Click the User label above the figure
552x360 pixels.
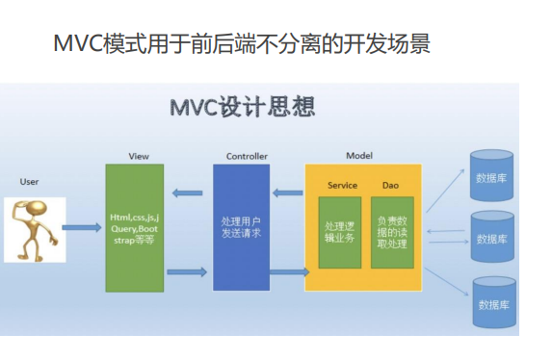29,182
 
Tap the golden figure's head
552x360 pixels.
37,207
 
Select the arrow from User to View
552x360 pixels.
82,227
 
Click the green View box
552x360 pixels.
135,228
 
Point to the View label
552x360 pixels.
139,156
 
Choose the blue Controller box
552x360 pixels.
242,227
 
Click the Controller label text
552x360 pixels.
247,156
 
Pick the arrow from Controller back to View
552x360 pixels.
187,193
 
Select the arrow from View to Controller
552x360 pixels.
187,272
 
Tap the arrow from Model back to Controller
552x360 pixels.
288,193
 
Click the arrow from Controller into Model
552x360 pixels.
290,271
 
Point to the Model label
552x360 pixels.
359,156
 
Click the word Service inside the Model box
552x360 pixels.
342,186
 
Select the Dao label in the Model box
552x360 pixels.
390,186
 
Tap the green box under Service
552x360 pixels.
340,233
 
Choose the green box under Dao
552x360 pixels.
392,233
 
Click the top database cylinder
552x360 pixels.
492,175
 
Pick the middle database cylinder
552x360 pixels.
492,237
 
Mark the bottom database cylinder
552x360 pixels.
494,302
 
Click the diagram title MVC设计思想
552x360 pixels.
243,107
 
